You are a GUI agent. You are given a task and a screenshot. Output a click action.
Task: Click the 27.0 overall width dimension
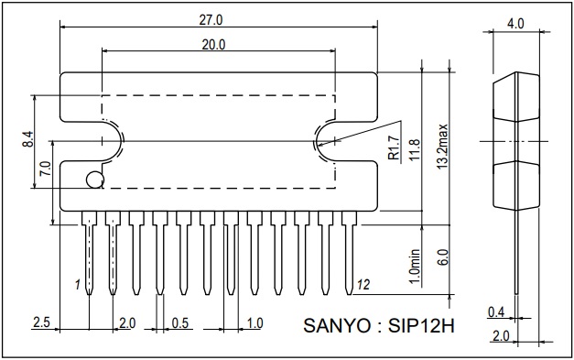pos(211,20)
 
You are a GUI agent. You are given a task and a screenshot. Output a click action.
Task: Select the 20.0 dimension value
pos(214,45)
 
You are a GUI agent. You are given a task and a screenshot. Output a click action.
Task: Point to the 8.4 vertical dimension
pos(27,139)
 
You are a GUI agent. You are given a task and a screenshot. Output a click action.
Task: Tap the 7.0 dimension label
pos(46,169)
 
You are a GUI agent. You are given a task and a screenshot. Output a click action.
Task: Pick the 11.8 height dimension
pos(415,149)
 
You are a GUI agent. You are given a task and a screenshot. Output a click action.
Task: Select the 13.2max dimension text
pos(442,147)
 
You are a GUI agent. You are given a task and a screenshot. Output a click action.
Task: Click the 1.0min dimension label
pos(415,267)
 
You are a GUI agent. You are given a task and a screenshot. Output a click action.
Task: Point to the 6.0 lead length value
pos(442,257)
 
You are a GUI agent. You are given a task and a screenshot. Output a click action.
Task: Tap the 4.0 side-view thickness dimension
pos(515,24)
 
